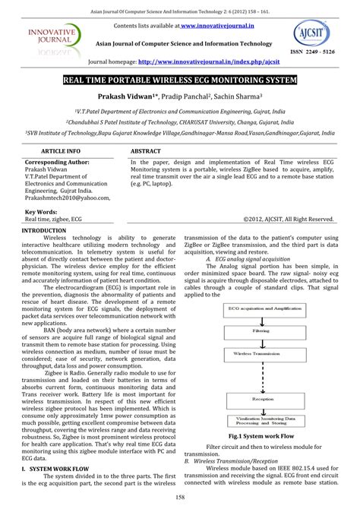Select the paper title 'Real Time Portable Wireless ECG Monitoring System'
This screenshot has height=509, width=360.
click(x=180, y=80)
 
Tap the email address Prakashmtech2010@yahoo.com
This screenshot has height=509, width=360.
click(x=68, y=198)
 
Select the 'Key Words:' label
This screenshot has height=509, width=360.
click(x=43, y=211)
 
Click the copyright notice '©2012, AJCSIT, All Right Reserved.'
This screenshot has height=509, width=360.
click(x=289, y=219)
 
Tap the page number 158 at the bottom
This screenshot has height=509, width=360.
click(x=180, y=498)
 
